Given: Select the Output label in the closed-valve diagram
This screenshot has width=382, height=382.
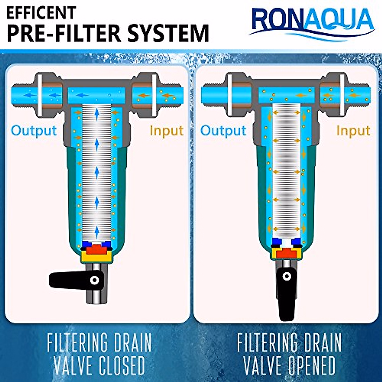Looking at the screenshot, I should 34,131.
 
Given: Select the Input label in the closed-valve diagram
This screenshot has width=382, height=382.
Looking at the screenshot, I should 166,131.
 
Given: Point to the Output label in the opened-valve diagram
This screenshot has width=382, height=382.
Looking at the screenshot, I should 223,131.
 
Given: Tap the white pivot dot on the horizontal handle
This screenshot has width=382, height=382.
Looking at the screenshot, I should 95,280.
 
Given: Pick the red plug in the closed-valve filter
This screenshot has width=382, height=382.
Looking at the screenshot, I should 96,248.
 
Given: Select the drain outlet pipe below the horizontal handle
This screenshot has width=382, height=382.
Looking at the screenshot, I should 97,298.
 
